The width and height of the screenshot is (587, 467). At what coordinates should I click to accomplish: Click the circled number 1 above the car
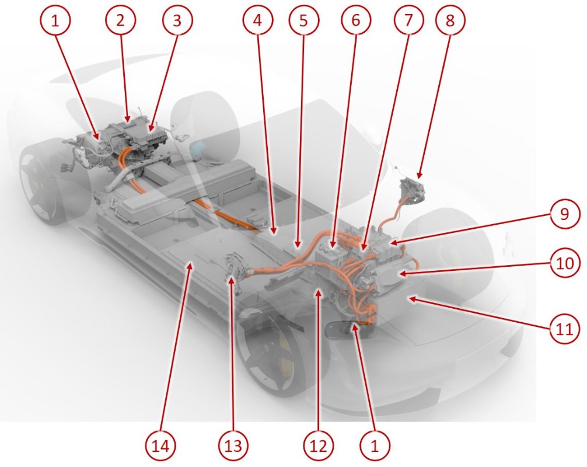(x=55, y=20)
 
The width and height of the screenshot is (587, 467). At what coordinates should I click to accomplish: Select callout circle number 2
(x=120, y=20)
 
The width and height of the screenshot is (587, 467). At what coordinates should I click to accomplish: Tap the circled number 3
(x=177, y=20)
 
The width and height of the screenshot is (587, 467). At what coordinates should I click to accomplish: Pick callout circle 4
(x=258, y=20)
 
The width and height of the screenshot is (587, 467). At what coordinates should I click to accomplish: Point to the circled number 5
(x=303, y=20)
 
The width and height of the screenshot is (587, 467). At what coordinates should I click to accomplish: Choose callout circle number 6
(x=356, y=20)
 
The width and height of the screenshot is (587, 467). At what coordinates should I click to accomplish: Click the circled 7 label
(x=409, y=20)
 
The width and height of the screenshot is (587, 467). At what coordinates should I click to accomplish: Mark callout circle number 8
(x=450, y=20)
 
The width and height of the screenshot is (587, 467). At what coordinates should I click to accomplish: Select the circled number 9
(x=565, y=214)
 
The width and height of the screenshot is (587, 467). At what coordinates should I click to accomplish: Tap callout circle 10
(x=565, y=263)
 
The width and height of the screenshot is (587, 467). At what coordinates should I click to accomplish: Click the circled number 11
(x=565, y=329)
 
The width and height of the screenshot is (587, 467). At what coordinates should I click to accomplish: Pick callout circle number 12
(x=319, y=445)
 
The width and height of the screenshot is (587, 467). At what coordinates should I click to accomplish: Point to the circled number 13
(x=234, y=445)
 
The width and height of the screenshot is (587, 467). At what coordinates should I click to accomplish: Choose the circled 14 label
(x=161, y=445)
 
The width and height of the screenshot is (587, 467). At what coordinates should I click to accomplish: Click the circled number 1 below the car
(x=375, y=445)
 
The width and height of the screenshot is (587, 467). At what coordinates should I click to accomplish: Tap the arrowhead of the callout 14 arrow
(x=191, y=266)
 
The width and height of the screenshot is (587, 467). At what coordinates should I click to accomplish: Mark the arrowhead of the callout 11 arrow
(x=411, y=298)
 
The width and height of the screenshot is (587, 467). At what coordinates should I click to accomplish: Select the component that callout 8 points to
(x=411, y=191)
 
